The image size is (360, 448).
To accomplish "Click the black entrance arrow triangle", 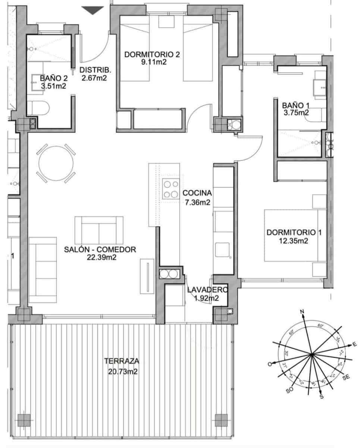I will (92, 10).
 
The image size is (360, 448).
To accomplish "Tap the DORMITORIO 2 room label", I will (152, 55).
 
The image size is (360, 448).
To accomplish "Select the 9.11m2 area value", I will (152, 62).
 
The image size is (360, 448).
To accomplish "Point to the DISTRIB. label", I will (96, 69).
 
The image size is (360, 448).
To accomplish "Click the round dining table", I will (56, 163).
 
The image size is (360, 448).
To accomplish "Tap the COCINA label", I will (197, 193).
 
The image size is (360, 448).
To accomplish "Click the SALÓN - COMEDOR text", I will (100, 249).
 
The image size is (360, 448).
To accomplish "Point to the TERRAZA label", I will (122, 361).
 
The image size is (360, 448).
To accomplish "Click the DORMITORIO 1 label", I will (294, 233).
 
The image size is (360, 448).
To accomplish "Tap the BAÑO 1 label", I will (295, 105).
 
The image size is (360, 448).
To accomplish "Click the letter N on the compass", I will (303, 312).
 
